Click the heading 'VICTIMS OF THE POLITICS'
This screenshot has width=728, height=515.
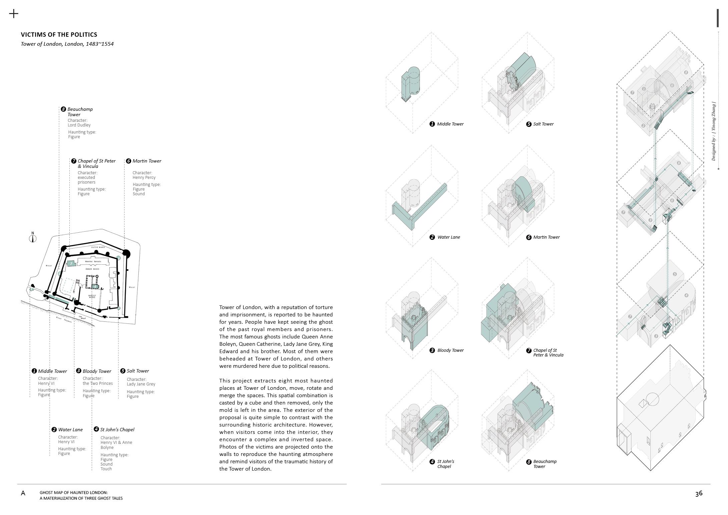pos(59,35)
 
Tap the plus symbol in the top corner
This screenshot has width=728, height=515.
pos(14,14)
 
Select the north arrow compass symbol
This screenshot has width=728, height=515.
pos(33,238)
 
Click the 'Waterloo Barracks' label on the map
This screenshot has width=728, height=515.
pos(93,262)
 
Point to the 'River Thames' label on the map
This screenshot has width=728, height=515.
pos(64,319)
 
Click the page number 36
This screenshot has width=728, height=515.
pos(699,493)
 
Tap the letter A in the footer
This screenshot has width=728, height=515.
pos(23,493)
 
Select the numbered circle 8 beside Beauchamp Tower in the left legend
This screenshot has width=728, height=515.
pos(63,109)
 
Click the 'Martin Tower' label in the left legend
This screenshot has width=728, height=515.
pos(147,161)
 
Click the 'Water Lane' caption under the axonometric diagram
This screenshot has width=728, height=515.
pos(449,237)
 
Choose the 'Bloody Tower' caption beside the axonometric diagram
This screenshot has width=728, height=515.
pos(450,350)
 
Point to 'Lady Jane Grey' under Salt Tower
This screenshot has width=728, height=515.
pos(141,384)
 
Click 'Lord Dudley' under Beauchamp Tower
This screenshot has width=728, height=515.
pos(79,125)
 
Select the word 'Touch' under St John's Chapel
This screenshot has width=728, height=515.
pos(106,469)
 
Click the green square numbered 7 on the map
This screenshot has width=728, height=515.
pos(71,264)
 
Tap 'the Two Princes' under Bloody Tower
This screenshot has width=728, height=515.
pos(98,383)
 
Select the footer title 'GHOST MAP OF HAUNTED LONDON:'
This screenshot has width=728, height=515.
pos(74,493)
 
